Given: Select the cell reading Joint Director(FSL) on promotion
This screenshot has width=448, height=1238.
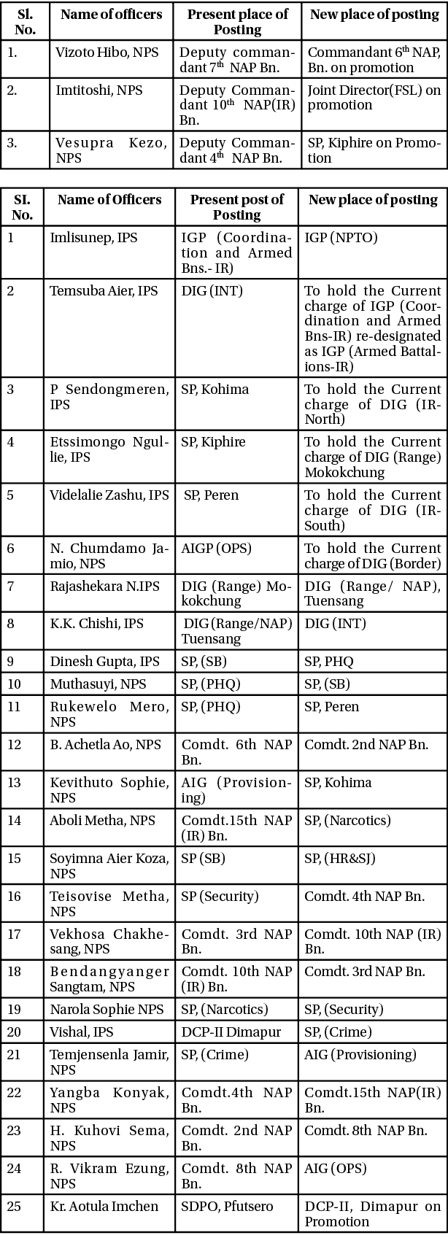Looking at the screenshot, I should [374, 98].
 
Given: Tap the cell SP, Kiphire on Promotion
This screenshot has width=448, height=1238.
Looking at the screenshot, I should [374, 150].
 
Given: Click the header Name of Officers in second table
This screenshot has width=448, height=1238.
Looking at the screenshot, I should [109, 200].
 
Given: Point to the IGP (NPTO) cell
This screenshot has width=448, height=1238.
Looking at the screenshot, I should [341, 238].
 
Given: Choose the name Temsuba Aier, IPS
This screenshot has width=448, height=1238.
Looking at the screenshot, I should [104, 291].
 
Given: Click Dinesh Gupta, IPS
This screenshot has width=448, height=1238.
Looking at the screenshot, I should [104, 662].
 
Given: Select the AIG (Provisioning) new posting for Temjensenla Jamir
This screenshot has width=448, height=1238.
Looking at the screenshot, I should [360, 1055].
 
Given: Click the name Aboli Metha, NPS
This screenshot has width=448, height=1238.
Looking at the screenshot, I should [102, 821].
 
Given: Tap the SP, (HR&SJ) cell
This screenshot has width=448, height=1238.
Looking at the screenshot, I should [340, 859].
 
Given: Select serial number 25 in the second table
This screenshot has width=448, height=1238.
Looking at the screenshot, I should [15, 1207].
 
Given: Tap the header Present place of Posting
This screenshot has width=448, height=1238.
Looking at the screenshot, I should [237, 22].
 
